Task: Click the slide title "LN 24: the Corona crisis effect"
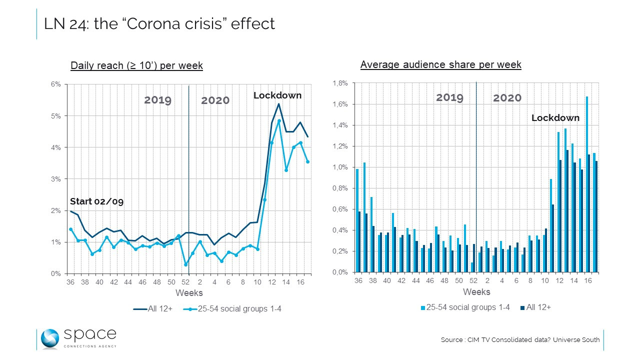[159, 23]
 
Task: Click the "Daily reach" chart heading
[136, 65]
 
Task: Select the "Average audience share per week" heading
[440, 64]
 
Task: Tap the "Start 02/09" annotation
[96, 201]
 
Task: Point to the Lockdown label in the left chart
[277, 95]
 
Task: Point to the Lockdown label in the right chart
[555, 118]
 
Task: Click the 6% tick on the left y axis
[55, 84]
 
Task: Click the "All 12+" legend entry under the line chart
[152, 309]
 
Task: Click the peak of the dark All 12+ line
[279, 104]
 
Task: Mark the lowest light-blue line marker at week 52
[185, 264]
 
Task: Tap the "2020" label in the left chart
[215, 100]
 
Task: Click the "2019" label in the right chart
[449, 97]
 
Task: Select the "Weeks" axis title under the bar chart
[476, 292]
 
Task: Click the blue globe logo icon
[50, 338]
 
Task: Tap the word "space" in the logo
[90, 334]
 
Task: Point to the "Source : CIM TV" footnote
[520, 340]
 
